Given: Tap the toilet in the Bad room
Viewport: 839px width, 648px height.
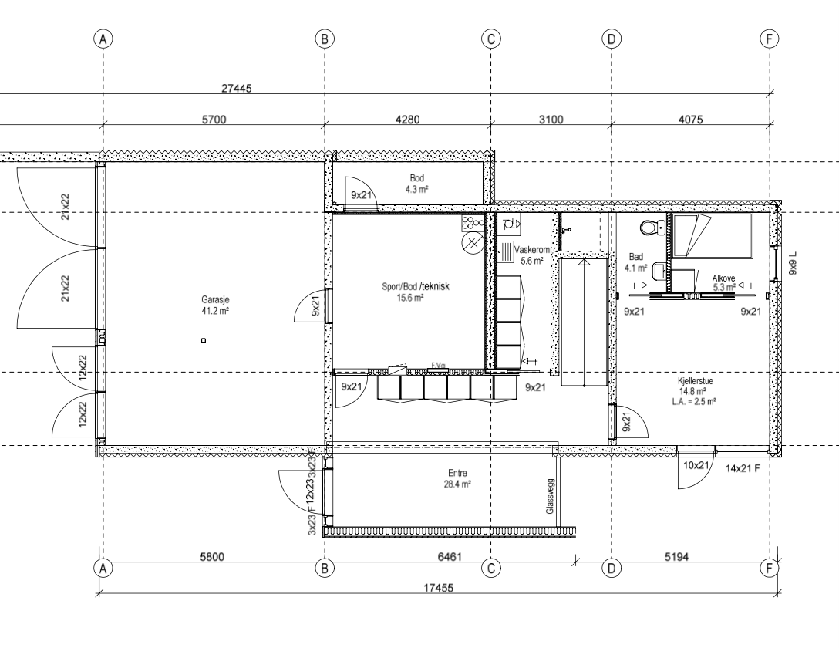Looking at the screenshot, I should [x=652, y=228].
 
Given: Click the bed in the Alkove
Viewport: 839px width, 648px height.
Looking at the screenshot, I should [x=712, y=235].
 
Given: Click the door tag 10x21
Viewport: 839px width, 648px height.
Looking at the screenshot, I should [x=697, y=465].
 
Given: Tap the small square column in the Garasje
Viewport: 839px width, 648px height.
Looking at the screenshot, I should [x=203, y=340].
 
